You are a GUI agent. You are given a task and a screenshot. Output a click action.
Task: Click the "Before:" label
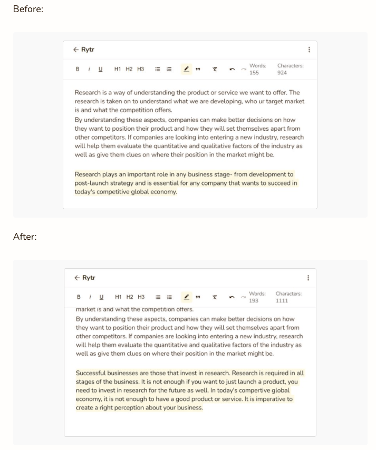tap(28, 9)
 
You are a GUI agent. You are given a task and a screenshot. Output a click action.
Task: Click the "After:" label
tap(25, 237)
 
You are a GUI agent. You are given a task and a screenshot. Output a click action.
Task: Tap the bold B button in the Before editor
tap(78, 69)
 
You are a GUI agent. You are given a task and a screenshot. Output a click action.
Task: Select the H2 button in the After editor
tap(130, 297)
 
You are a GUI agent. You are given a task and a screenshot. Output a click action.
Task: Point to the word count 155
tap(254, 73)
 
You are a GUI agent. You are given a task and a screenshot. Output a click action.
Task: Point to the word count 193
tap(254, 301)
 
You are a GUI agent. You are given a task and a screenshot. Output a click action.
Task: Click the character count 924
tap(282, 73)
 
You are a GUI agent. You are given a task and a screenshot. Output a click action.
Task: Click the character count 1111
tap(282, 301)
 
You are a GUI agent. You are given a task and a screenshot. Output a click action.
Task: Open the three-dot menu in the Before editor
tap(309, 50)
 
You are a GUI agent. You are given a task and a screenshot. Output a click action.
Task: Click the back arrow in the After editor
tap(77, 278)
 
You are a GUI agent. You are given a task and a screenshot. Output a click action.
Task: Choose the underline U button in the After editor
tap(102, 297)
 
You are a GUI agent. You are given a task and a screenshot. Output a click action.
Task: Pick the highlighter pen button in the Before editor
tap(187, 69)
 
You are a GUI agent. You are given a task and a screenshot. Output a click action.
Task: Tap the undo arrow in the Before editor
tap(232, 69)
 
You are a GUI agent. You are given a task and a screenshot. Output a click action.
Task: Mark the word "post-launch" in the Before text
tap(90, 183)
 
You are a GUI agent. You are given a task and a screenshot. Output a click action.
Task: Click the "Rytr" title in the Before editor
tap(88, 50)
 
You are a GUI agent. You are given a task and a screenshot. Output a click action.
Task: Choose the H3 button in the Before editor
tap(141, 69)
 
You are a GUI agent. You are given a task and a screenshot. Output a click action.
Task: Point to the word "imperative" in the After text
tap(269, 399)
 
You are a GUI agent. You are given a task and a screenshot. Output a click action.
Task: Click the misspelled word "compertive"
tap(254, 390)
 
